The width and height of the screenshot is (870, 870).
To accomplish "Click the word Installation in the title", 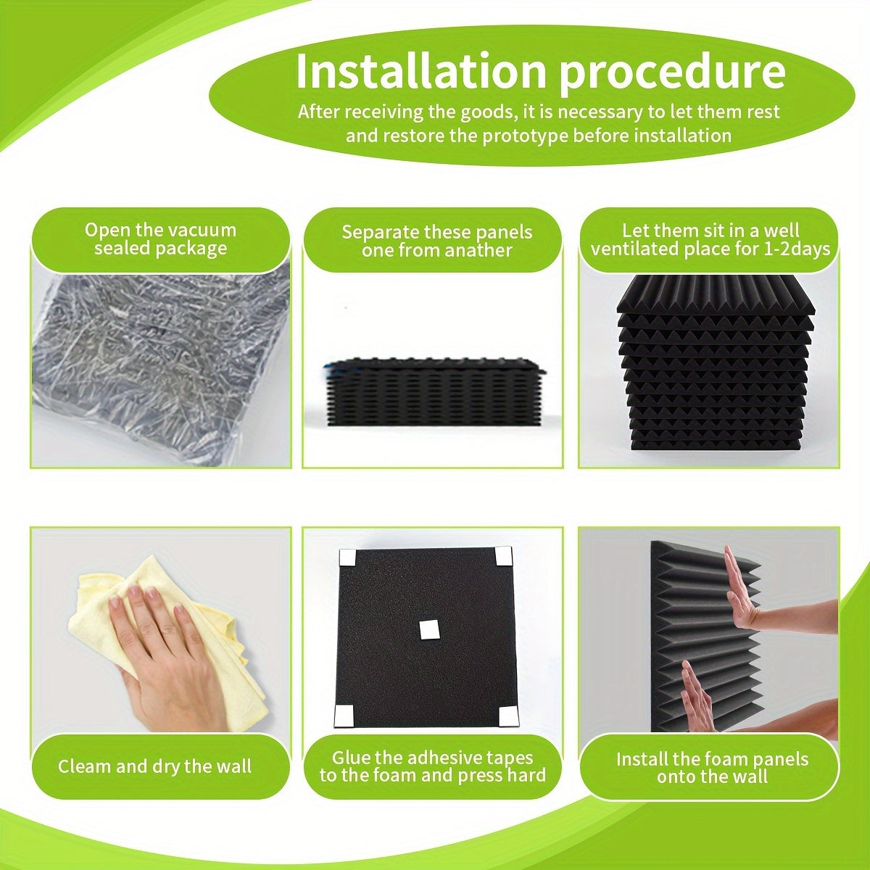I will coord(420,71).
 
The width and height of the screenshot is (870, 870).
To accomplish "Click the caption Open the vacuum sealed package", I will coord(160,239).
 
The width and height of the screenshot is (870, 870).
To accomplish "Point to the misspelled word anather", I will coord(476,251).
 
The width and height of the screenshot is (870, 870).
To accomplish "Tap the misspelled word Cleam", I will coord(82,766).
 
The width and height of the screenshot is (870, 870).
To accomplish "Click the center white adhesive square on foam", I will coord(431,629).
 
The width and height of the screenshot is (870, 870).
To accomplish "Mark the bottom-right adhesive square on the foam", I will coord(508,716).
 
